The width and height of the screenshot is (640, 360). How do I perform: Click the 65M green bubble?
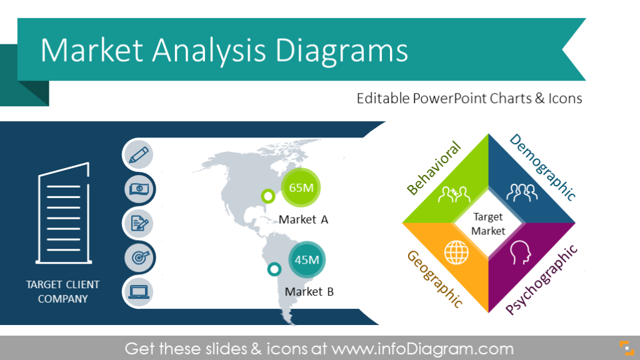click(301, 187)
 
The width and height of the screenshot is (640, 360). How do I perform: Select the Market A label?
click(303, 219)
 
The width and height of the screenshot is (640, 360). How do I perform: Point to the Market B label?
click(309, 291)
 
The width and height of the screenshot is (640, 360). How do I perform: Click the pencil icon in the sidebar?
click(138, 154)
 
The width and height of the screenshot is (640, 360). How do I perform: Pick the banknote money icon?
click(138, 188)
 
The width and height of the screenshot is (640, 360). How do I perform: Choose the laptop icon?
click(138, 291)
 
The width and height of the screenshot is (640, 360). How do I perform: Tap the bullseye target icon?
click(138, 256)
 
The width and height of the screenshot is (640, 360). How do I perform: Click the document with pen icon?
click(138, 222)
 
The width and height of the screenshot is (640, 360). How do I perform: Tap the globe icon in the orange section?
click(454, 253)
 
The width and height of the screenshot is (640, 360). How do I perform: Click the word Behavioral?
click(433, 167)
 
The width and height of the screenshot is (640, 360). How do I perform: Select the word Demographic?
click(542, 167)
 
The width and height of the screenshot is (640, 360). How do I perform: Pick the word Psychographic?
click(541, 279)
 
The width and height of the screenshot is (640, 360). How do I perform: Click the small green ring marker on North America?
click(268, 197)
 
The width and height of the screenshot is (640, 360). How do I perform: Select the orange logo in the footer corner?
click(624, 347)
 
